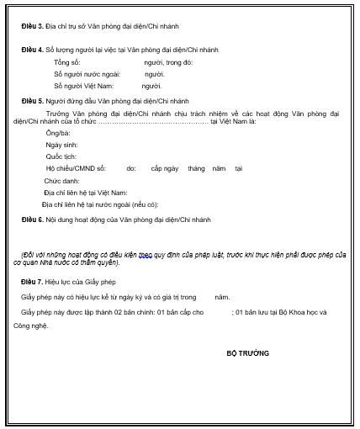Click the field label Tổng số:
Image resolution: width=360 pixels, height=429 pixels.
pyautogui.click(x=68, y=63)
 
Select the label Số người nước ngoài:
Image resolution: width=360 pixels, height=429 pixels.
pyautogui.click(x=82, y=74)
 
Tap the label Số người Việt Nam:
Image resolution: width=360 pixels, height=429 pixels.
pyautogui.click(x=81, y=86)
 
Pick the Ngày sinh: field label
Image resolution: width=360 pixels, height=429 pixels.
pyautogui.click(x=61, y=145)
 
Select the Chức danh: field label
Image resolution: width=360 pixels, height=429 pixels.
pyautogui.click(x=61, y=181)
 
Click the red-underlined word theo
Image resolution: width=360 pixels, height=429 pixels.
pyautogui.click(x=148, y=253)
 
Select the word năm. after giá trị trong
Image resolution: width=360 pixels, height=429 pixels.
pyautogui.click(x=222, y=297)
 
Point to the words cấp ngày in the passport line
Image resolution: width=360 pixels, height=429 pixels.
pyautogui.click(x=164, y=168)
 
